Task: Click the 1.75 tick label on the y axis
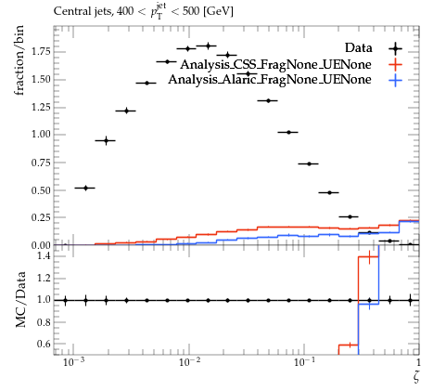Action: [x=41, y=51]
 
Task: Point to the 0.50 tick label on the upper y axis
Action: [x=41, y=190]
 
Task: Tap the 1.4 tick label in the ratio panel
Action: [x=45, y=255]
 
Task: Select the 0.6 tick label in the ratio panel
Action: [x=45, y=344]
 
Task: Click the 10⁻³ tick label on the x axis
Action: [x=73, y=361]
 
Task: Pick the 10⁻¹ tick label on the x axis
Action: [x=304, y=361]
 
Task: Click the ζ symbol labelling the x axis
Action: [x=415, y=377]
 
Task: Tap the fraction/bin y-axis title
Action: [x=19, y=60]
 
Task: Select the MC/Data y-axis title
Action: [x=20, y=299]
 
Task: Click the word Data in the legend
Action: [x=359, y=48]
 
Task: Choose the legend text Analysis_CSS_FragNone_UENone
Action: [x=275, y=64]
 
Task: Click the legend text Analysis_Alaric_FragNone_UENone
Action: [x=270, y=80]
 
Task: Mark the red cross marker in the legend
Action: [x=396, y=64]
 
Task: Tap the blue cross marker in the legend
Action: [x=396, y=80]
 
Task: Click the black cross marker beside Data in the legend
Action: [x=396, y=48]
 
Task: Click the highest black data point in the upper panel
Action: [x=208, y=46]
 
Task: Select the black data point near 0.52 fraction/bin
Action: [x=85, y=188]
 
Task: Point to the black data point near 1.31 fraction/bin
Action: [x=268, y=100]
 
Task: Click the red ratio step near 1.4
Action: [x=368, y=256]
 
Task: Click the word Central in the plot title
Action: [x=69, y=11]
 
